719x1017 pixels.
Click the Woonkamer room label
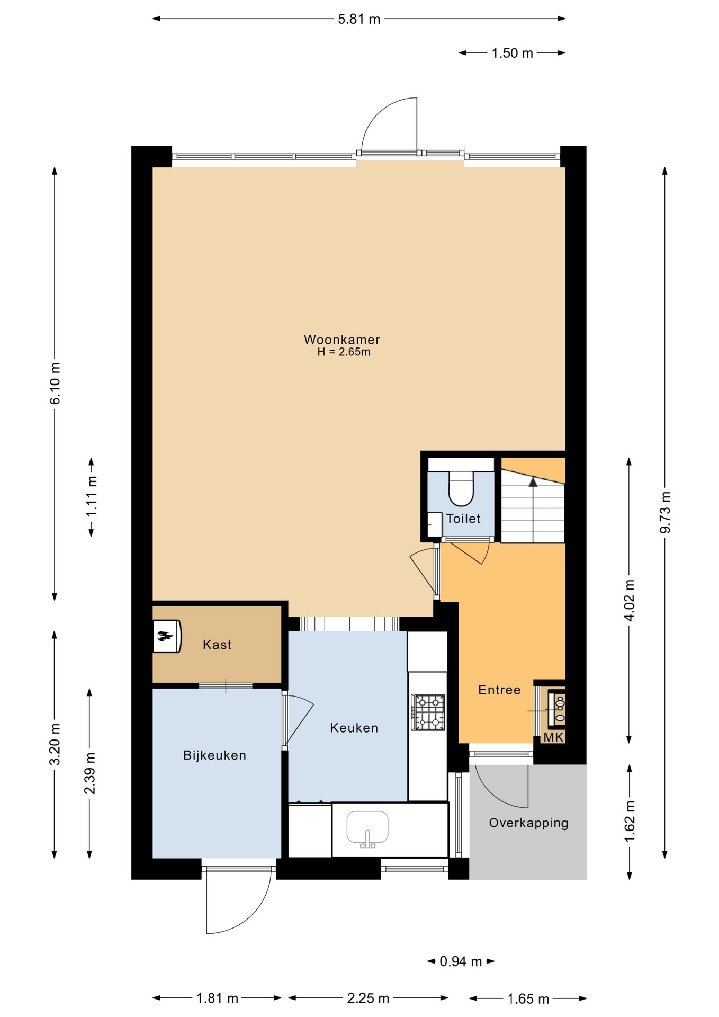(x=341, y=340)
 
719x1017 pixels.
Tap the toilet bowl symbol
(x=461, y=488)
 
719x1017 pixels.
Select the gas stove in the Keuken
(x=428, y=712)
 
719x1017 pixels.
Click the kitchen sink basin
(x=367, y=827)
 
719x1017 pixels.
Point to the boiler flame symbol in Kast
(x=165, y=636)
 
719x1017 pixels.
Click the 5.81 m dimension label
(x=359, y=20)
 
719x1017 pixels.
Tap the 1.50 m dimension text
(x=512, y=53)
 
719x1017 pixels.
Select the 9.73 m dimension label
(x=665, y=512)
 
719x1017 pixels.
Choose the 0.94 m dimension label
(x=461, y=961)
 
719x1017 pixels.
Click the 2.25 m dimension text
(x=368, y=998)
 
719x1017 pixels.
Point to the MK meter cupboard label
(x=554, y=737)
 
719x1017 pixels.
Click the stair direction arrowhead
(x=533, y=482)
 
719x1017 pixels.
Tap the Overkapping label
(x=528, y=823)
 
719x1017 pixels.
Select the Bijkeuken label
(x=214, y=755)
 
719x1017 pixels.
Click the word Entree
(x=499, y=690)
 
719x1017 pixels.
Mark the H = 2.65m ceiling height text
(x=344, y=352)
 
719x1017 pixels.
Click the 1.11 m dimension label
(x=92, y=496)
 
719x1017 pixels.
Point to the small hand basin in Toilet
(x=435, y=524)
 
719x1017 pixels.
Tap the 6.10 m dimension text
(x=55, y=383)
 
